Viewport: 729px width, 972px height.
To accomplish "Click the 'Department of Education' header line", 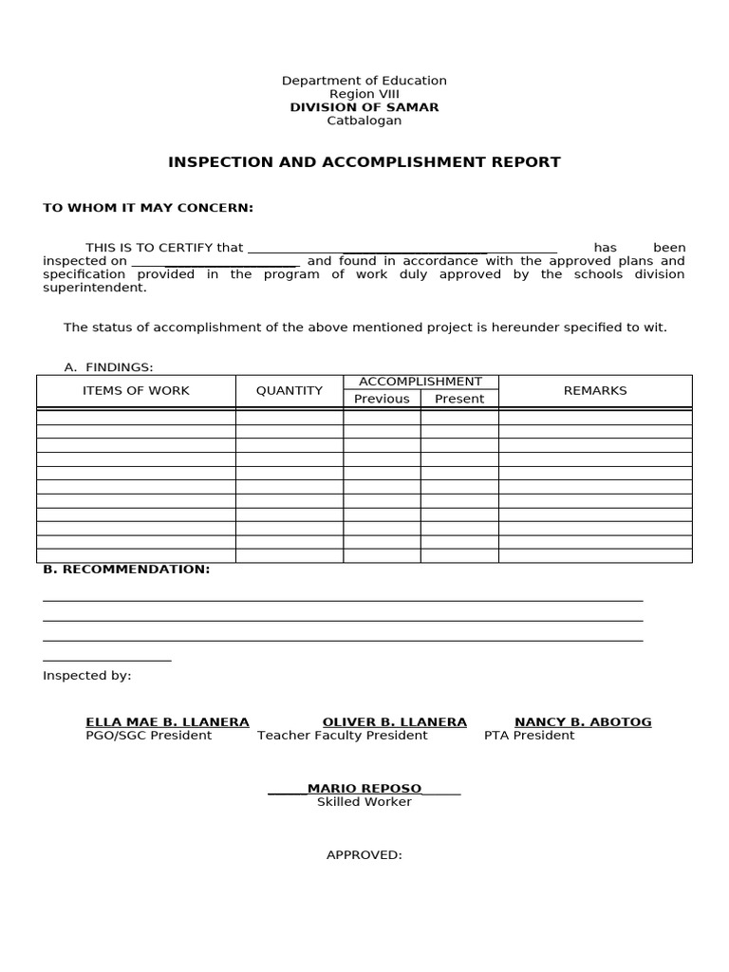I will [364, 81].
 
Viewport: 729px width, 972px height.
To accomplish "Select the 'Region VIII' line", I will [364, 94].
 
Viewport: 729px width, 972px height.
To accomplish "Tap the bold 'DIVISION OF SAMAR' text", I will [364, 107].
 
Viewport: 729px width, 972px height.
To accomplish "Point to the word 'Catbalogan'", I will [364, 121].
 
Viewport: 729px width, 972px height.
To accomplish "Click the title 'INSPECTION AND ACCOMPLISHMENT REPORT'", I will [364, 162].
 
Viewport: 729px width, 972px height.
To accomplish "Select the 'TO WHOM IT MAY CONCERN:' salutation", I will [148, 208].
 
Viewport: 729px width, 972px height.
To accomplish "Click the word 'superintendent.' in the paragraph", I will [95, 288].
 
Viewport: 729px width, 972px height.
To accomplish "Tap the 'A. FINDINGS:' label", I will [108, 367].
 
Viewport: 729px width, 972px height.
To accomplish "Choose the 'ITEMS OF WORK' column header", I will [136, 391].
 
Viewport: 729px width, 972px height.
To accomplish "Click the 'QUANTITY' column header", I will [290, 391].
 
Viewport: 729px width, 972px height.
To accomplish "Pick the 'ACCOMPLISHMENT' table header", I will [421, 382].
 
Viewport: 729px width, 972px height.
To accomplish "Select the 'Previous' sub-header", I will [382, 399].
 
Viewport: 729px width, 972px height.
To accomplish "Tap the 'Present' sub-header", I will [459, 399].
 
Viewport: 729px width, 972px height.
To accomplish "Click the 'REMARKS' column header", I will [595, 391].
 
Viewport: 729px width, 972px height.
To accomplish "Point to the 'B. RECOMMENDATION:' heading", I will [126, 570].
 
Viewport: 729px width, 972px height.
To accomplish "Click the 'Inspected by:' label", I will [87, 676].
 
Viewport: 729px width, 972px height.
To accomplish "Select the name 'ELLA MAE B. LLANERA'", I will [167, 722].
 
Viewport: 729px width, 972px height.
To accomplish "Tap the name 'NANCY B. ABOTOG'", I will [583, 722].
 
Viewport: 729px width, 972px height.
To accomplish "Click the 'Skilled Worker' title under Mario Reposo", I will [364, 802].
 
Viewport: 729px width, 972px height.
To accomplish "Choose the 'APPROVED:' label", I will [364, 855].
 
